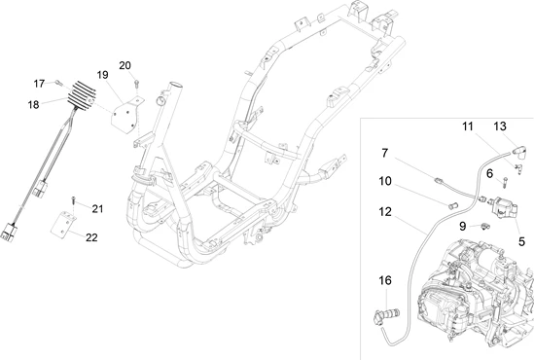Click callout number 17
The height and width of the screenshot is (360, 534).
(x=39, y=84)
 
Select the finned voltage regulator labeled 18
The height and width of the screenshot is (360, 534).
(x=82, y=95)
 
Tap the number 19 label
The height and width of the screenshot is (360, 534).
(x=102, y=75)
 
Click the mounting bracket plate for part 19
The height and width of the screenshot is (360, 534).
(x=127, y=115)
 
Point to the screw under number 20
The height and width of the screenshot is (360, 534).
(x=136, y=83)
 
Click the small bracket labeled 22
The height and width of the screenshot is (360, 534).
(x=63, y=225)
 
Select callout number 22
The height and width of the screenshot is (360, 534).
(x=91, y=237)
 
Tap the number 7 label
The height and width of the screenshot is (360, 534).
(x=385, y=154)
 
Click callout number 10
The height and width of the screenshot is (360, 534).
(x=385, y=181)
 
